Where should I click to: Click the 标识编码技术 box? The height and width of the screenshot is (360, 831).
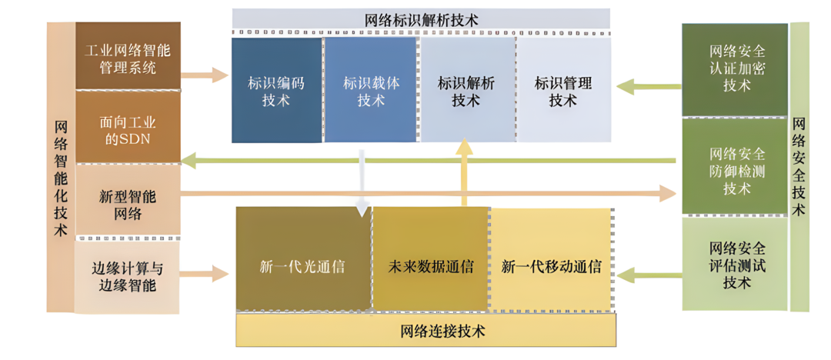[x=276, y=91]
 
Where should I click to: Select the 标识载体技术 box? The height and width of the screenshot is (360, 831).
[x=371, y=91]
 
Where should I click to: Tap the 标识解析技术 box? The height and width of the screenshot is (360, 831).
[x=466, y=91]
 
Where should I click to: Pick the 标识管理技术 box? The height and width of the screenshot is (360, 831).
[x=562, y=91]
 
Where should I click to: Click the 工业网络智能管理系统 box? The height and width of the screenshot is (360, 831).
[x=128, y=57]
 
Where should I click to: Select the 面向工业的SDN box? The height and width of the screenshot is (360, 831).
[x=128, y=128]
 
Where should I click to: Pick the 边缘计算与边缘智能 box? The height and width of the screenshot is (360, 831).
[x=128, y=276]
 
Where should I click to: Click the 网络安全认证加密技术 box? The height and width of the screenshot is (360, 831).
[x=736, y=69]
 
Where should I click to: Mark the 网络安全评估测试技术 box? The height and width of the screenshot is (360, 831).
[x=736, y=265]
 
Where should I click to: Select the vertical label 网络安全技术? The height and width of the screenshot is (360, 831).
[x=799, y=166]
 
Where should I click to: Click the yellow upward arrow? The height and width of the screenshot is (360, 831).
[x=464, y=173]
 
